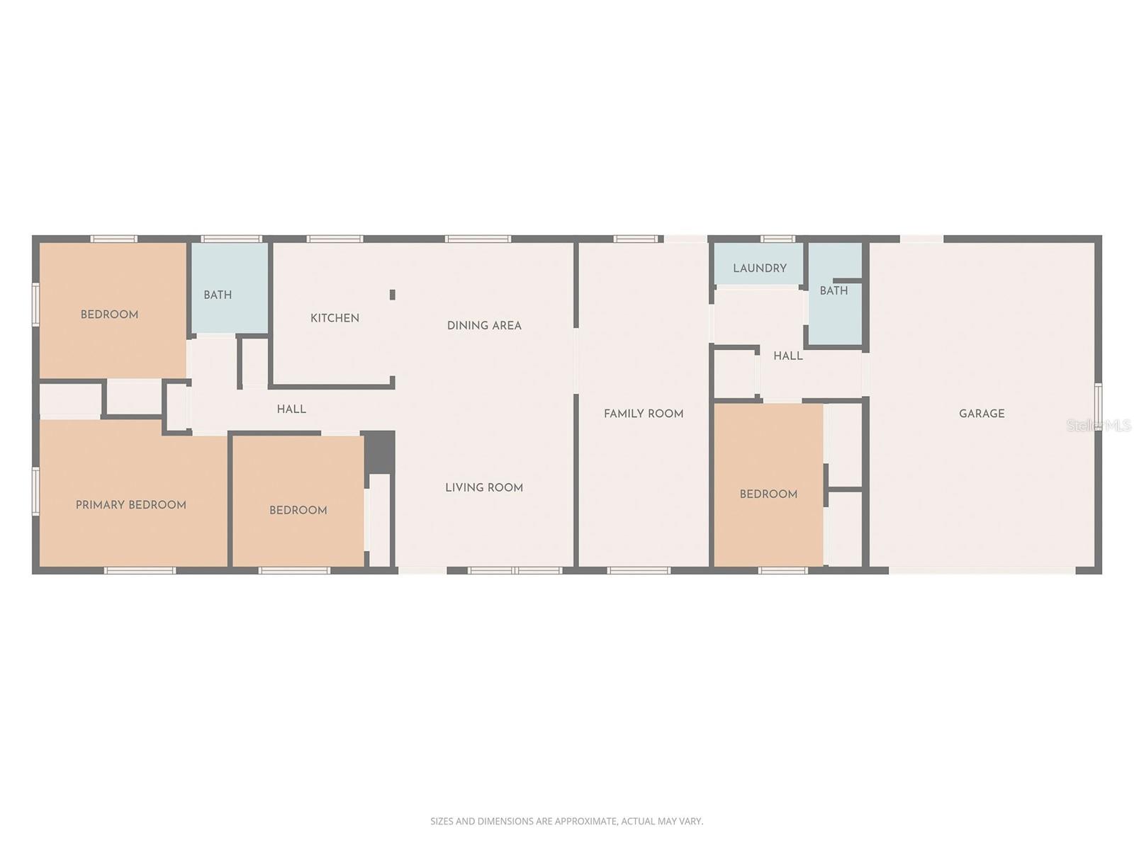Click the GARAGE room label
tap(982, 414)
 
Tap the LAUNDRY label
tap(760, 268)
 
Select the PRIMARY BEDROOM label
tap(131, 505)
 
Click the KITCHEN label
tap(335, 318)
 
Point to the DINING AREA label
tap(484, 326)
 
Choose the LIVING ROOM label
tap(484, 487)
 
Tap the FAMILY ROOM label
tap(644, 414)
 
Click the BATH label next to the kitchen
tap(218, 295)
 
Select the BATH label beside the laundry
tap(833, 290)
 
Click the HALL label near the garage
tap(787, 356)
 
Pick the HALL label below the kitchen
tap(291, 409)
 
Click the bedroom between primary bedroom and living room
tap(298, 510)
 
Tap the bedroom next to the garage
tap(768, 494)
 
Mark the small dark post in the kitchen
tap(392, 295)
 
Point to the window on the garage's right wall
tap(1098, 407)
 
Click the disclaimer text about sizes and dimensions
tap(566, 822)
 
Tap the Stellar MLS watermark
tap(1099, 425)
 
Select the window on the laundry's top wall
tap(777, 239)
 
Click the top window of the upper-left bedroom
tap(113, 239)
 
